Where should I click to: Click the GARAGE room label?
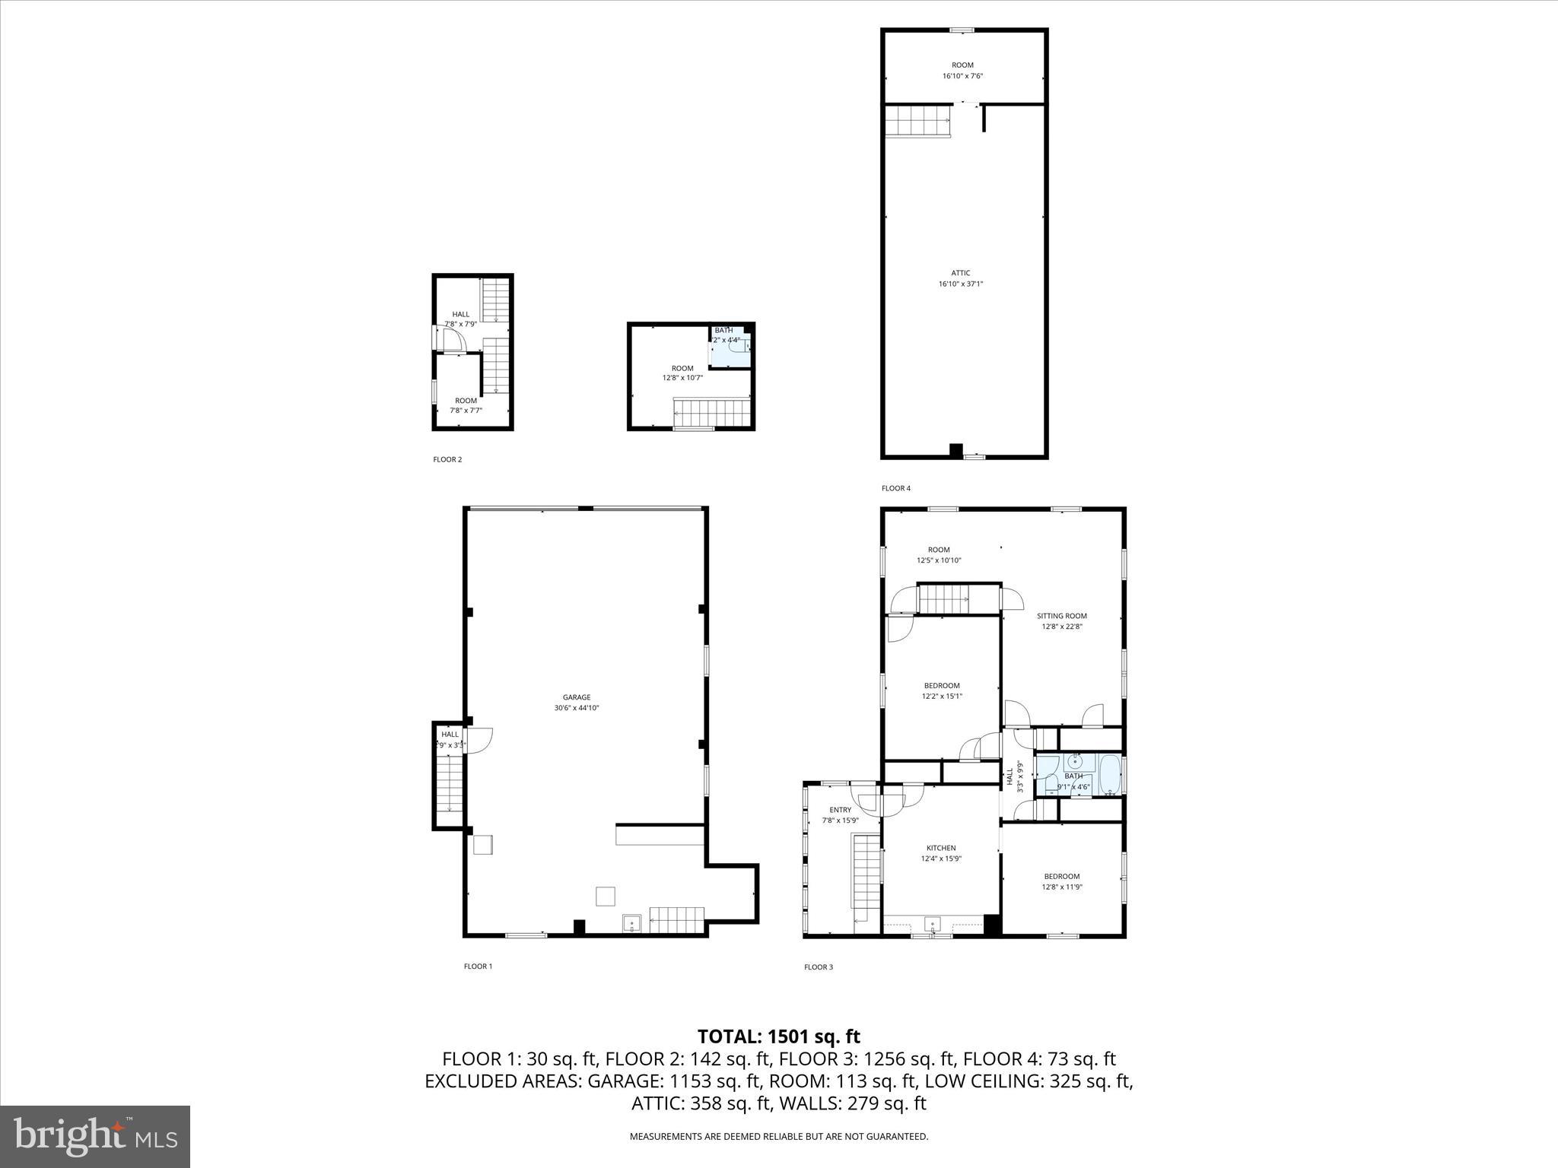pos(577,697)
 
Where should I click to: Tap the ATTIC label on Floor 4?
pos(961,273)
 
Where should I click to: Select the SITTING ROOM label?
pos(1061,616)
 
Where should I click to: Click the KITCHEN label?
pos(941,848)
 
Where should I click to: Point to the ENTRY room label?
pos(841,810)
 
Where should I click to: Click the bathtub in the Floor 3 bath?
pos(1111,775)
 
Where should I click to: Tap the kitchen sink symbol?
pos(933,925)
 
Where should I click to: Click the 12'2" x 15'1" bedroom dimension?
pos(942,696)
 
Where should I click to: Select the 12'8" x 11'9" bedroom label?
pos(1061,881)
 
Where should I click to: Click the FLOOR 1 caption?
pos(478,966)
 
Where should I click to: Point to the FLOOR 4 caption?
pos(895,488)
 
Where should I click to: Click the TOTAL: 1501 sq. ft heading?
pos(778,1036)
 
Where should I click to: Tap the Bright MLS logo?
pos(95,1136)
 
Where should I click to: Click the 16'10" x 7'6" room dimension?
pos(962,76)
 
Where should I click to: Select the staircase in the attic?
pos(917,122)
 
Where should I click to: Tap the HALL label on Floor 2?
pos(461,314)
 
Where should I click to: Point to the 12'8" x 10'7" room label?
pos(682,373)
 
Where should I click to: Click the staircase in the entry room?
pos(866,882)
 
